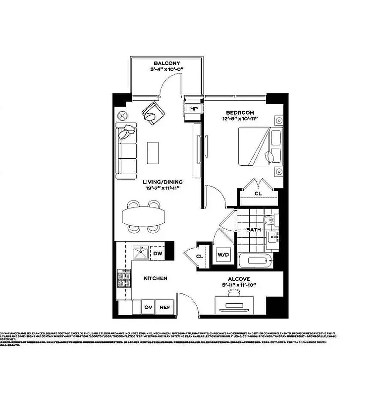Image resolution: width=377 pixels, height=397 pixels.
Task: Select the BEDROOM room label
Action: pyautogui.click(x=240, y=113)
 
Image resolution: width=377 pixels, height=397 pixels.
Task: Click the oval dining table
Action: pyautogui.click(x=144, y=217)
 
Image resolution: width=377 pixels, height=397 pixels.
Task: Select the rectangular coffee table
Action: pyautogui.click(x=153, y=153)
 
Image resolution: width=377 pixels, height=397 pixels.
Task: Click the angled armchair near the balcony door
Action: pyautogui.click(x=153, y=114)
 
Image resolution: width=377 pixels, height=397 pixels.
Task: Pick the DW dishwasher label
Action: pyautogui.click(x=158, y=254)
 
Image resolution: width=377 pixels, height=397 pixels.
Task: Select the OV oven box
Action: pyautogui.click(x=148, y=307)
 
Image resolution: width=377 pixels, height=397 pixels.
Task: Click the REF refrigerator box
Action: pyautogui.click(x=164, y=307)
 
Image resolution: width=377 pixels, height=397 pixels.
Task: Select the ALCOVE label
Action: pyautogui.click(x=239, y=279)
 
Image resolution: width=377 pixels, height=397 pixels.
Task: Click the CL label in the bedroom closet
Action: pyautogui.click(x=258, y=194)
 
